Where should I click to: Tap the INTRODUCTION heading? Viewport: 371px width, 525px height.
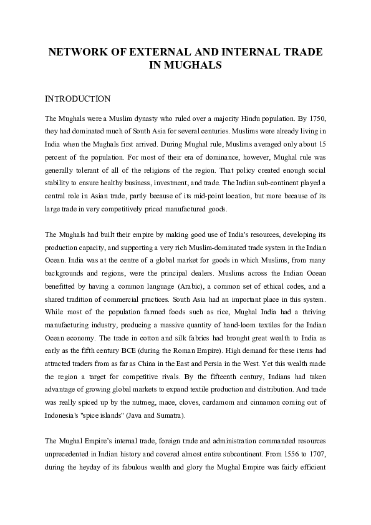pos(78,99)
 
